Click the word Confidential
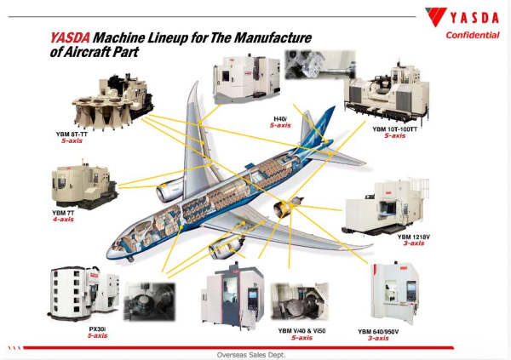point(473,35)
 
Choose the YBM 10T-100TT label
point(395,129)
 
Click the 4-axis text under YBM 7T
point(60,219)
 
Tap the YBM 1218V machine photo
point(384,207)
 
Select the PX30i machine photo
point(73,294)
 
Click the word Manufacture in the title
point(273,38)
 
